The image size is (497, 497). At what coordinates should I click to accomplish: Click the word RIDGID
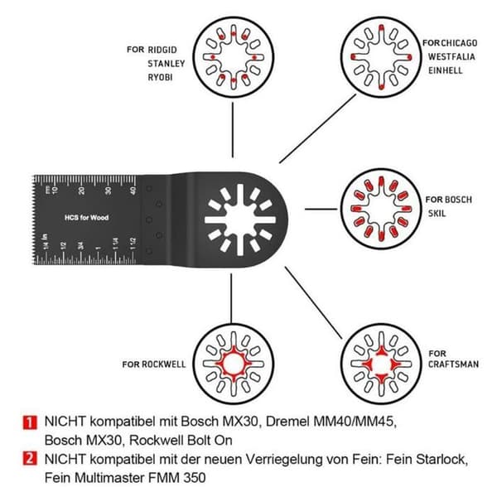pos(162,50)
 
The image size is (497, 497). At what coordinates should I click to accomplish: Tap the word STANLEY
pos(166,64)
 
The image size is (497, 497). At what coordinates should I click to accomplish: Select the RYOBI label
pos(160,77)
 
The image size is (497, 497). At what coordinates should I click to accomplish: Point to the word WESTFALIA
pos(451,56)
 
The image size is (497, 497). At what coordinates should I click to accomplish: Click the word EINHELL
pos(446,70)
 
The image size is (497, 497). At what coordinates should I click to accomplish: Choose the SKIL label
pos(437,214)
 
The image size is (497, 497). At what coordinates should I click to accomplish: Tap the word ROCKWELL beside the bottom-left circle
pos(163,364)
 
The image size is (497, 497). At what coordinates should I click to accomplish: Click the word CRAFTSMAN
pos(453,364)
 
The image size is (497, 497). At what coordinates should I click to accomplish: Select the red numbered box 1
pos(30,422)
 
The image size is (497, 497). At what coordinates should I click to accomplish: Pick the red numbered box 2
pos(30,459)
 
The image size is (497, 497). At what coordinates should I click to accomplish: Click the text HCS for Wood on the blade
pos(86,218)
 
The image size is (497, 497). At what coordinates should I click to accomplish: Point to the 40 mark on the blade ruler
pos(133,191)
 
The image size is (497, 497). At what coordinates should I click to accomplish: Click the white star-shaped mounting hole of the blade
pos(240,220)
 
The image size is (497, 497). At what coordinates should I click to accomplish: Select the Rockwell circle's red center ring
pos(234,364)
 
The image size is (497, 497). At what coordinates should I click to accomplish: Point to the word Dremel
pos(287,422)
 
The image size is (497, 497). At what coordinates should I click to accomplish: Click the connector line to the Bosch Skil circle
pos(321,210)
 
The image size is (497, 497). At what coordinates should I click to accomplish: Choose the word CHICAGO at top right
pos(460,43)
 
